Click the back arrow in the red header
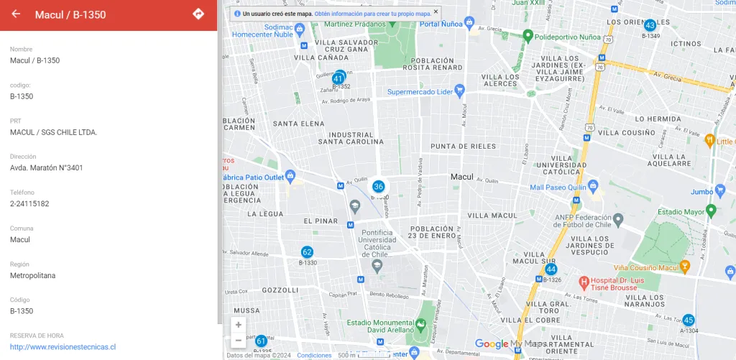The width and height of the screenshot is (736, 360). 16,14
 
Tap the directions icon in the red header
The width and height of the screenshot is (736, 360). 198,14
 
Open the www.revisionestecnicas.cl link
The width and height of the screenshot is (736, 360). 63,346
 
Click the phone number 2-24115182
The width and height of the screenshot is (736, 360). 29,203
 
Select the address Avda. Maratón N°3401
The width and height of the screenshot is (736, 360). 47,167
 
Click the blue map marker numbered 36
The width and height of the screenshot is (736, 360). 379,187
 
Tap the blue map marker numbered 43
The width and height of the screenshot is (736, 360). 650,25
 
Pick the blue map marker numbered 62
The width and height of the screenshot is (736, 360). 307,252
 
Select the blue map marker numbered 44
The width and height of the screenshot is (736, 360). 551,269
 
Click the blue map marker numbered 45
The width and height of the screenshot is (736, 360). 689,320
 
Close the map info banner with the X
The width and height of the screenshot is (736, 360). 436,12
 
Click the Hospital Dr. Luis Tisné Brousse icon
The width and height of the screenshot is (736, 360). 584,281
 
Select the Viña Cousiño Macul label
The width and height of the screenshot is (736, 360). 645,267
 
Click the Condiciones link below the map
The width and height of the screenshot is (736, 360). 314,356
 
